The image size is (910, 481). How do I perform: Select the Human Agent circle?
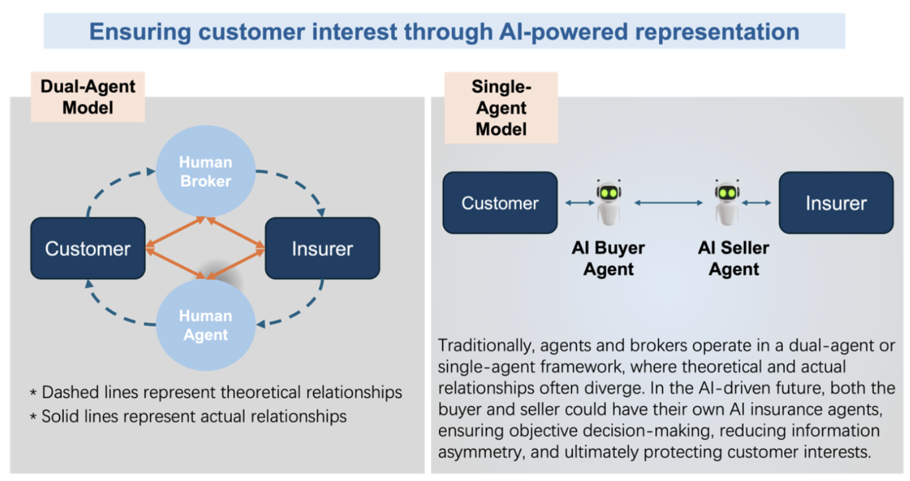(205, 325)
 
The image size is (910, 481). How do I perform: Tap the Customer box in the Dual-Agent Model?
(87, 249)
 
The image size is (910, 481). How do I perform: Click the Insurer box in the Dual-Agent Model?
(322, 249)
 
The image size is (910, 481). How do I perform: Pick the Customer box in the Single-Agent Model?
(500, 203)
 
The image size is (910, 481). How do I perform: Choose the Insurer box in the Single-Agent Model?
(836, 203)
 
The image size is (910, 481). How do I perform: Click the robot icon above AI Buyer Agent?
(608, 202)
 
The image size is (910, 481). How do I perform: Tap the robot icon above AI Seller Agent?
(727, 202)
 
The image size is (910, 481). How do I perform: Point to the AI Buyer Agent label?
(608, 258)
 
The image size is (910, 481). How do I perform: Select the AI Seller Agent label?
(733, 258)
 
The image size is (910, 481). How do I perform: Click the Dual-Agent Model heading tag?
(87, 96)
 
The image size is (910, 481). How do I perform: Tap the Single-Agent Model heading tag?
(501, 108)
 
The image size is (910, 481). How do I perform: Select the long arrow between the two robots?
(668, 203)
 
